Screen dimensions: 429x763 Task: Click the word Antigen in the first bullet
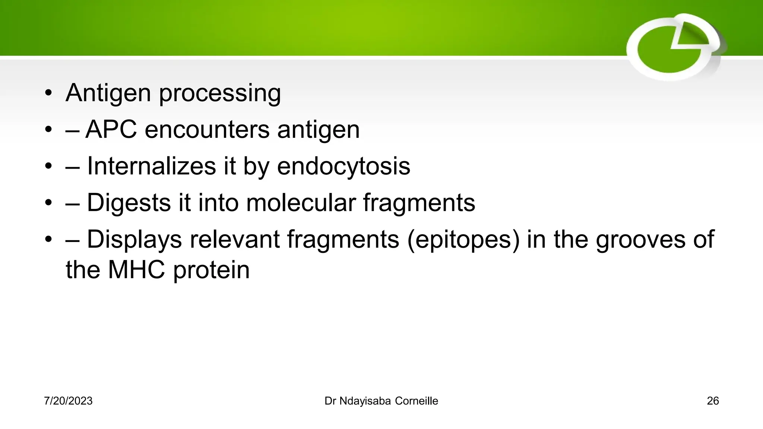coord(108,93)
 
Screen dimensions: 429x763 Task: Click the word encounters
coord(207,130)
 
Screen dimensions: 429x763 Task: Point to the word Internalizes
coord(151,166)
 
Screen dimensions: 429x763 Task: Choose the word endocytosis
coord(343,166)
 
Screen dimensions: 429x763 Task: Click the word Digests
coord(128,203)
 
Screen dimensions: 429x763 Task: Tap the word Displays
coord(134,239)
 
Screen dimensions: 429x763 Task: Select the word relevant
coord(234,239)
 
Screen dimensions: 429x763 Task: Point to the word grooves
coord(640,239)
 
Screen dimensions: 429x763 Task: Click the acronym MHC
coord(136,270)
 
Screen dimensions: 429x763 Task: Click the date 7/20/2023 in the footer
coord(68,401)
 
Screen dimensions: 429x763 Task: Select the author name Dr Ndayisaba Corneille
coord(381,401)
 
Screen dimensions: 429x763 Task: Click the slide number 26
coord(712,401)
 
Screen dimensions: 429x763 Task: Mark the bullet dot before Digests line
coord(48,203)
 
